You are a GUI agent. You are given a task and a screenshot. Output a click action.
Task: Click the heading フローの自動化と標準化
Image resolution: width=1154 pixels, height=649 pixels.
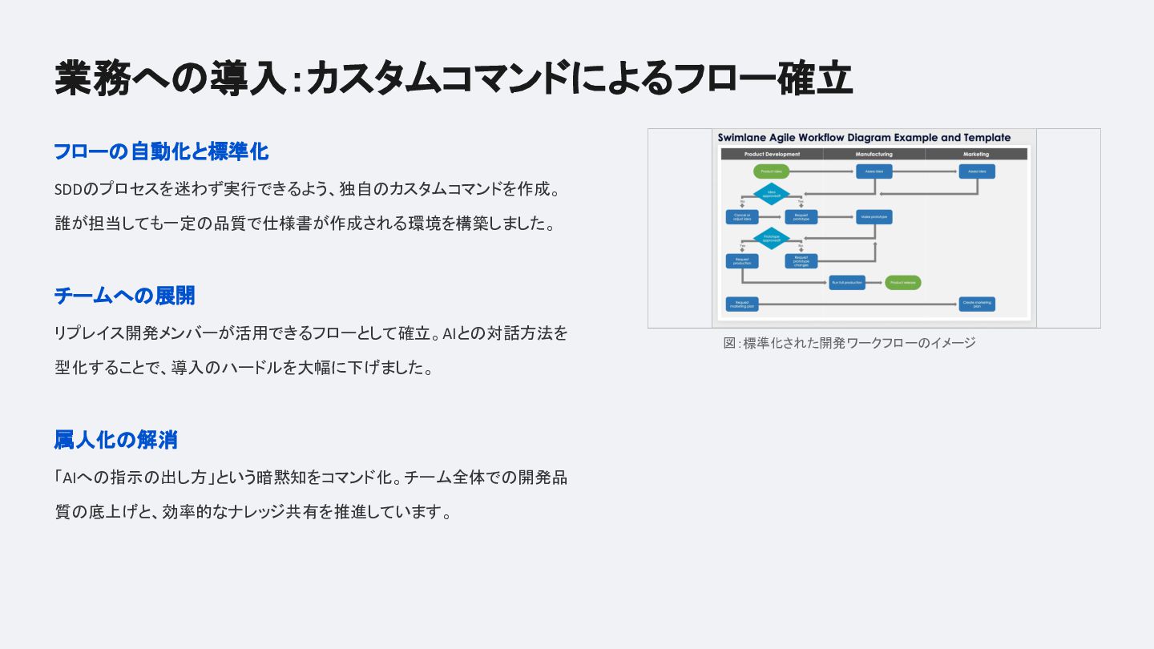[161, 151]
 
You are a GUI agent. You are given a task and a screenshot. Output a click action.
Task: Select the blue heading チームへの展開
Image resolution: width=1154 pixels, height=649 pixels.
[124, 296]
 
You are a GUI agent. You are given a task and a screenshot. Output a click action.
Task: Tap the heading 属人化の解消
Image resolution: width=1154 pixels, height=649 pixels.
[115, 440]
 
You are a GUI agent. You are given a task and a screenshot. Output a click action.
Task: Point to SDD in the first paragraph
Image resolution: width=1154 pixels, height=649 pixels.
[69, 190]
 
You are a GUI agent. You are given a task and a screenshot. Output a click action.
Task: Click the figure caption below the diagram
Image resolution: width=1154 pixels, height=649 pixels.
[849, 343]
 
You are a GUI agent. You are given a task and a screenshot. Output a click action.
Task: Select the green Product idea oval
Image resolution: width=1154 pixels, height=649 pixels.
[772, 171]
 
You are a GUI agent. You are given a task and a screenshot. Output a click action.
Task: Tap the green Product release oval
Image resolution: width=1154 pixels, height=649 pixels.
[903, 282]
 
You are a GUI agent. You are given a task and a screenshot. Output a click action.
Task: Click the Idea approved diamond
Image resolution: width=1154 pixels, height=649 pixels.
[772, 193]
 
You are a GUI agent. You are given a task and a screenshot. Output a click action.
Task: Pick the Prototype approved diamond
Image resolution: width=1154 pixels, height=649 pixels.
[772, 238]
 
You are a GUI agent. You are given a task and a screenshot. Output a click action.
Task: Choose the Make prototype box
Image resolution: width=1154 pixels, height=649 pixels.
[874, 216]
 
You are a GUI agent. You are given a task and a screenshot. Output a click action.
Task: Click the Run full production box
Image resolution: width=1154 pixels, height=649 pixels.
[847, 282]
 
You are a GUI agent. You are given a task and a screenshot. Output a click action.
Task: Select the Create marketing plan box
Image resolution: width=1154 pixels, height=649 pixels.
[977, 304]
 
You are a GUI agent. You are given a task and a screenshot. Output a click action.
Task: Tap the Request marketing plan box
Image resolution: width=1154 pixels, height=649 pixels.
[742, 304]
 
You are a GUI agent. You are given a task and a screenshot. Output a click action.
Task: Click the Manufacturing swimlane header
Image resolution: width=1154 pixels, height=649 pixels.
[874, 154]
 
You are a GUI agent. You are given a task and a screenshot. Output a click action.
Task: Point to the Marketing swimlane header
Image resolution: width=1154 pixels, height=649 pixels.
[976, 154]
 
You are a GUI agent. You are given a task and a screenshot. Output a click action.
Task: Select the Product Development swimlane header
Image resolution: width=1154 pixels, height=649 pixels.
[772, 154]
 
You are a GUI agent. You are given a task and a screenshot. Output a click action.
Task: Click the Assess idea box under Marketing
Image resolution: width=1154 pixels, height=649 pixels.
[977, 171]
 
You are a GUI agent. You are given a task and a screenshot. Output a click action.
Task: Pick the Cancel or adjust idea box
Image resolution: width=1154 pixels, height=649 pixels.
[742, 216]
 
